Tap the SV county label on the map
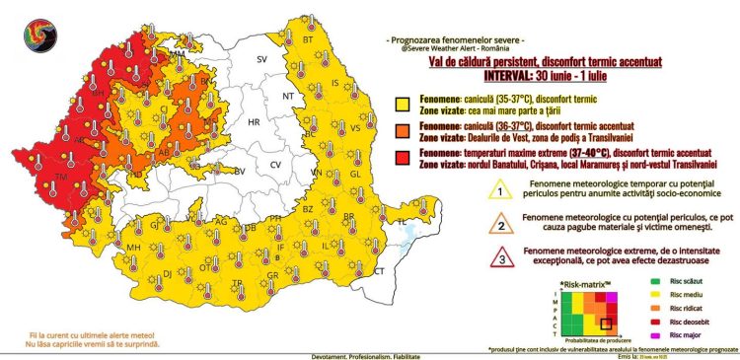(x=262, y=60)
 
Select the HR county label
(x=253, y=122)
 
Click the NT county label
(x=288, y=97)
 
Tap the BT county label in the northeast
(x=307, y=40)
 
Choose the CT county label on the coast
(x=379, y=269)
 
